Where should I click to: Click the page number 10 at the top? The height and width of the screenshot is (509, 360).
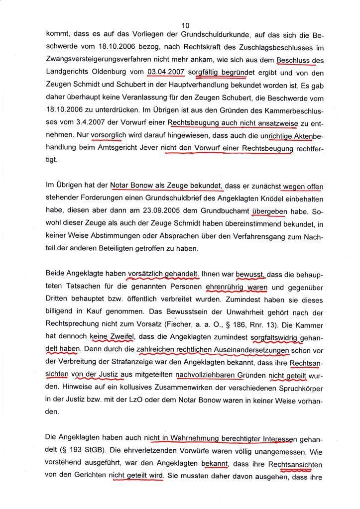[185, 25]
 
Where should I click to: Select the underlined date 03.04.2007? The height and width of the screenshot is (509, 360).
[166, 72]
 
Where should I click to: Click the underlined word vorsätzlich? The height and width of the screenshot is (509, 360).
[146, 274]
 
